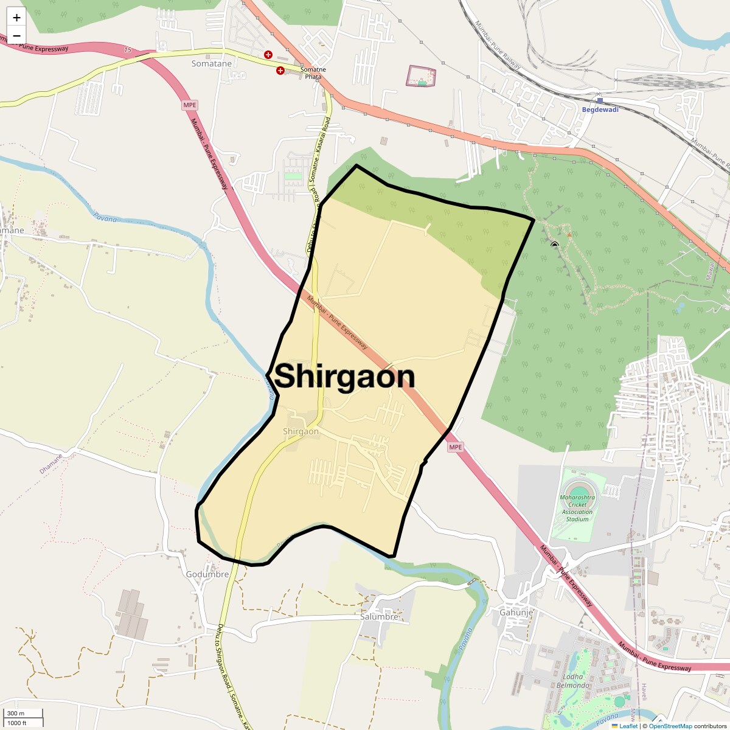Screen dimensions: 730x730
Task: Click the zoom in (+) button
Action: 16,18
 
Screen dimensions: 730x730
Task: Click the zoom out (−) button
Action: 16,35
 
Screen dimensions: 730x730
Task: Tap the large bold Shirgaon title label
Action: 344,377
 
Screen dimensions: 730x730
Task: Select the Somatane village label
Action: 211,63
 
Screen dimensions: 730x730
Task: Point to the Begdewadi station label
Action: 600,109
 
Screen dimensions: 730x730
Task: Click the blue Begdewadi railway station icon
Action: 600,100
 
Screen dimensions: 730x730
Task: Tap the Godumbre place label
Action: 207,574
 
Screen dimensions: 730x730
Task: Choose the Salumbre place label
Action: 379,616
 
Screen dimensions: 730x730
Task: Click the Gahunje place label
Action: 516,612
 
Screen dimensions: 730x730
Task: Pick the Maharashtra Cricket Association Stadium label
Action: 577,508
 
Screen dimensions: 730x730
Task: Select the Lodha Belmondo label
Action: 572,681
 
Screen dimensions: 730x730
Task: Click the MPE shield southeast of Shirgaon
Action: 456,447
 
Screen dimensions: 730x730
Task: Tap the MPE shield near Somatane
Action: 190,105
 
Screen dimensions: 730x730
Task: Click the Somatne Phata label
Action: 313,73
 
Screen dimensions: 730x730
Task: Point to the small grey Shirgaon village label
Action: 301,431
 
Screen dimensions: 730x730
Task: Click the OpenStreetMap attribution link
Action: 670,726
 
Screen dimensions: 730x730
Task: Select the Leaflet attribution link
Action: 628,726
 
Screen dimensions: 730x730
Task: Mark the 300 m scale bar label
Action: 16,713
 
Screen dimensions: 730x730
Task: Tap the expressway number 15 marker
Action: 127,50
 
